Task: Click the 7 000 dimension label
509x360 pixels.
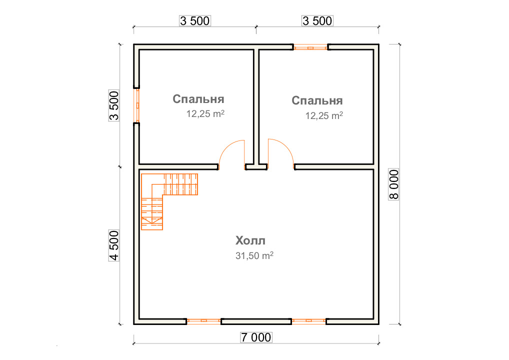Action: (256, 337)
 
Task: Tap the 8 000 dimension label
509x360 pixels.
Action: (394, 184)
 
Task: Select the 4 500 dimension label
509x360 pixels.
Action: (114, 245)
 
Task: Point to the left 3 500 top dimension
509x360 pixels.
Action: (195, 21)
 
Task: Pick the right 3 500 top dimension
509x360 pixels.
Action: (317, 21)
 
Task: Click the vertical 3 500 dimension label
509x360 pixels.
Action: (114, 106)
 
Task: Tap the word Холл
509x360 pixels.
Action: (250, 240)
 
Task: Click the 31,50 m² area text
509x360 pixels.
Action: (254, 255)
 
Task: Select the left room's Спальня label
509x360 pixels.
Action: (198, 99)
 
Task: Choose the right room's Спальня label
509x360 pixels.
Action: (317, 100)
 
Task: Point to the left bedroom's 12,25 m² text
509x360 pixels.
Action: (205, 113)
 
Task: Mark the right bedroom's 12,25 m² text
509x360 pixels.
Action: (324, 115)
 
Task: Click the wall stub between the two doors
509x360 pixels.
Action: (256, 167)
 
